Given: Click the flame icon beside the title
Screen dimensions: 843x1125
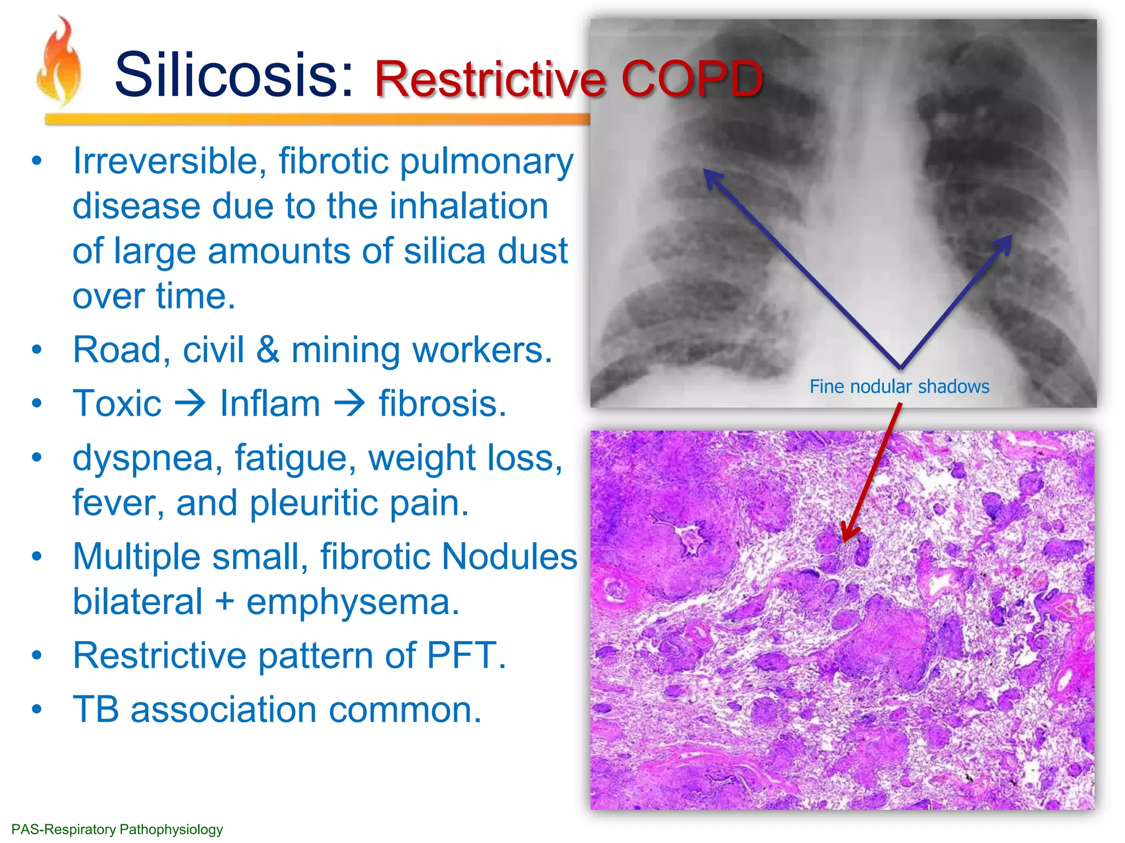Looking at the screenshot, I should (x=59, y=63).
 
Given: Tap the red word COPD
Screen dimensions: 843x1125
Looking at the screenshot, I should (x=692, y=79).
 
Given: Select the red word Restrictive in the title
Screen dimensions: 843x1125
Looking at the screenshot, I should (x=491, y=79).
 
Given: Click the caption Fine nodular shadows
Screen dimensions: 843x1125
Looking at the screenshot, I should (x=899, y=386).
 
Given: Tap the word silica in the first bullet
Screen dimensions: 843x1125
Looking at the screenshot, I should (x=444, y=251).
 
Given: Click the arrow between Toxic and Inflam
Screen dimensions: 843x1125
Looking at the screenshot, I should (x=190, y=403).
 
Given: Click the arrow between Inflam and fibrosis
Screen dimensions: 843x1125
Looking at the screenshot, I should (x=349, y=403).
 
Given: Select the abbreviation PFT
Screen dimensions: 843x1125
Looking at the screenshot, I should (x=465, y=655).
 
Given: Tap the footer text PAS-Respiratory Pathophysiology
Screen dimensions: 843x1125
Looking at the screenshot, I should (x=117, y=829).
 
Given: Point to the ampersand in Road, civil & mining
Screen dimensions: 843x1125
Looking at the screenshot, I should (x=268, y=350).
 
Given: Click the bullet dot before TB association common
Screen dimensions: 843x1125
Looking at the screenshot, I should (x=37, y=709).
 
